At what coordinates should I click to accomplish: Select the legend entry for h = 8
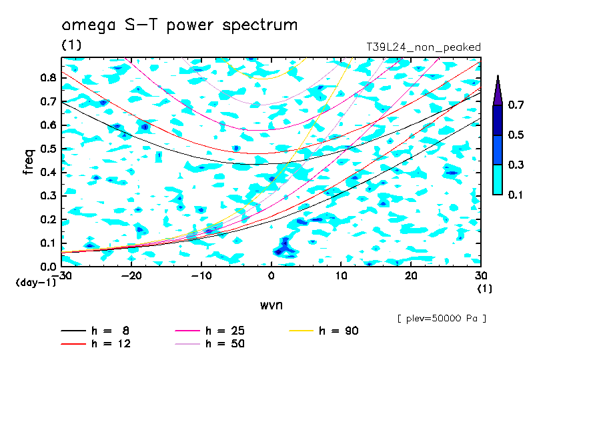tap(95, 331)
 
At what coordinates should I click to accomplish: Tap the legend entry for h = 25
tap(209, 331)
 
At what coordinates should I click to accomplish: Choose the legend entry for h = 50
tap(209, 344)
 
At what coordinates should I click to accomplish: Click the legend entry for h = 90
tap(324, 331)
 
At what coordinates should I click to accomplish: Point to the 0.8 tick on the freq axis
tap(48, 78)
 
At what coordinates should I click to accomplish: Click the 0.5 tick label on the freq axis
tap(48, 149)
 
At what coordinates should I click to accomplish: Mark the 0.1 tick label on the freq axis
tap(48, 243)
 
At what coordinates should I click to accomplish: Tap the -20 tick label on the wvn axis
tap(131, 276)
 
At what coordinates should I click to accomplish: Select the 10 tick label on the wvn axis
tap(341, 276)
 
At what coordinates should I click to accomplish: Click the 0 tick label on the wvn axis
tap(271, 276)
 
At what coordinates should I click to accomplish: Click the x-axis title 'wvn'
tap(271, 305)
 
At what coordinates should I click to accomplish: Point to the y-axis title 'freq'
tap(29, 162)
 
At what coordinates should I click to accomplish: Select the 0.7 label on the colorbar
tap(516, 105)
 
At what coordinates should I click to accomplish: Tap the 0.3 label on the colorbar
tap(516, 165)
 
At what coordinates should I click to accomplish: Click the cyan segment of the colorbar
tap(498, 179)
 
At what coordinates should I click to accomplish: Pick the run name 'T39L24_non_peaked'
tap(424, 47)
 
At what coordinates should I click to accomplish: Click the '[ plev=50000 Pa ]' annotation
tap(442, 319)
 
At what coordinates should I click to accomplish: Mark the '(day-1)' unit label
tap(35, 283)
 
